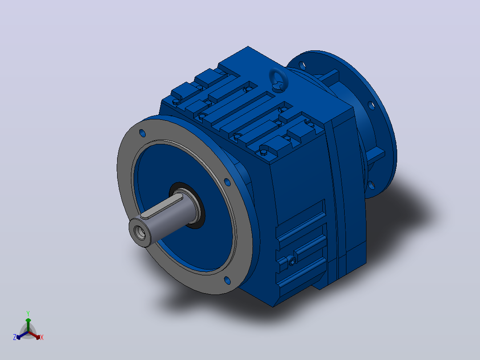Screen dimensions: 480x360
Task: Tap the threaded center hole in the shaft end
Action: click(x=141, y=233)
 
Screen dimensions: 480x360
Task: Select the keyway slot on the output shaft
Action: click(x=161, y=208)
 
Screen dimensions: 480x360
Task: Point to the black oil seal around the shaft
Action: click(x=187, y=205)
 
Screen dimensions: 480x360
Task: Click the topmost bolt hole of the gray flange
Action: click(x=142, y=133)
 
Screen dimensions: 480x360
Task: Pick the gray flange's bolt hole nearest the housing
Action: click(x=228, y=182)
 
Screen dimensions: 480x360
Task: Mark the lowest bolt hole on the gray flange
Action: click(x=227, y=280)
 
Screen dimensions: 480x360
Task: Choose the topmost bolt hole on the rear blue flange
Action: click(x=302, y=65)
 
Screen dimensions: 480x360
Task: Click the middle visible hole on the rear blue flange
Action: click(x=371, y=106)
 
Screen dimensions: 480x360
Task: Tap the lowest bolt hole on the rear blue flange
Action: click(x=371, y=185)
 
